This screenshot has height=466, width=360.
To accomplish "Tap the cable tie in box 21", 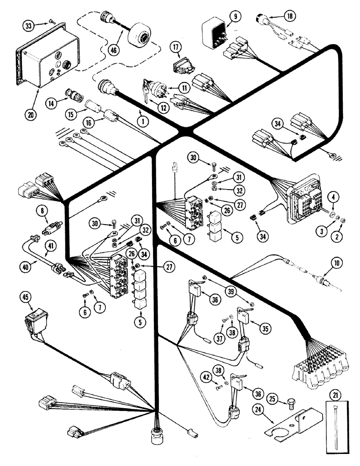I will click(x=334, y=425).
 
